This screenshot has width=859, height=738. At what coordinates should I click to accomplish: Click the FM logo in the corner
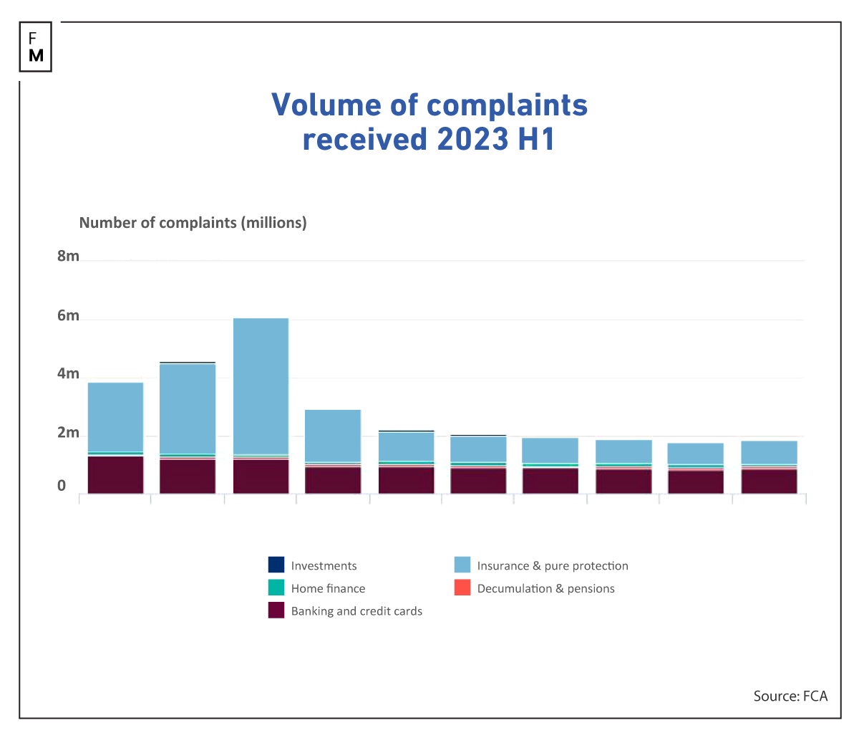coord(36,47)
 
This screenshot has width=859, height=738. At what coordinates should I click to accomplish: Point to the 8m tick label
coord(69,257)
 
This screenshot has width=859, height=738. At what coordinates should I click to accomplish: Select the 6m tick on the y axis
coord(69,316)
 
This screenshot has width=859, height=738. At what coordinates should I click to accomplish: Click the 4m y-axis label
coord(69,374)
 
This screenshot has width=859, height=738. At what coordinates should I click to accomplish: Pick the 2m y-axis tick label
coord(69,433)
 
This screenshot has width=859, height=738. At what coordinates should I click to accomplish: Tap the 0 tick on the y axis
coord(62,486)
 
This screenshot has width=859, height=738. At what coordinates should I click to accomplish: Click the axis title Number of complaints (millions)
coord(193,223)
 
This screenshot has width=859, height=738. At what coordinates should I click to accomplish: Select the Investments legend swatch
coord(276,565)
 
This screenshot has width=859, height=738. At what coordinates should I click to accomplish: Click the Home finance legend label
coord(328,588)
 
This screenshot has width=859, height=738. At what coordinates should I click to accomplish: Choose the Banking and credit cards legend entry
coord(356,611)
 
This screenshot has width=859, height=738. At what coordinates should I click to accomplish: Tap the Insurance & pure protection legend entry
coord(552,565)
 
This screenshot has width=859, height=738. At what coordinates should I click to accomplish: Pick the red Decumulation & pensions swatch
coord(462,588)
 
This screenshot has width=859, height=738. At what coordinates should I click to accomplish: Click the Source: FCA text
coord(790,696)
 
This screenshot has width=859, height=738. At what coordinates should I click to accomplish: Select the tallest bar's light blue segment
coord(261,385)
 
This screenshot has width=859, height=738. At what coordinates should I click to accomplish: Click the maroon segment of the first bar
coord(115,475)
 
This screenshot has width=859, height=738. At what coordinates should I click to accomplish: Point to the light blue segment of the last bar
coord(770,452)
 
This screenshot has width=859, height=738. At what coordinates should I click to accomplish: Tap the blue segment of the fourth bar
coord(333,436)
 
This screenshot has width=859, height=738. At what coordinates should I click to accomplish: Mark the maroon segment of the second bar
coord(188,476)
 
